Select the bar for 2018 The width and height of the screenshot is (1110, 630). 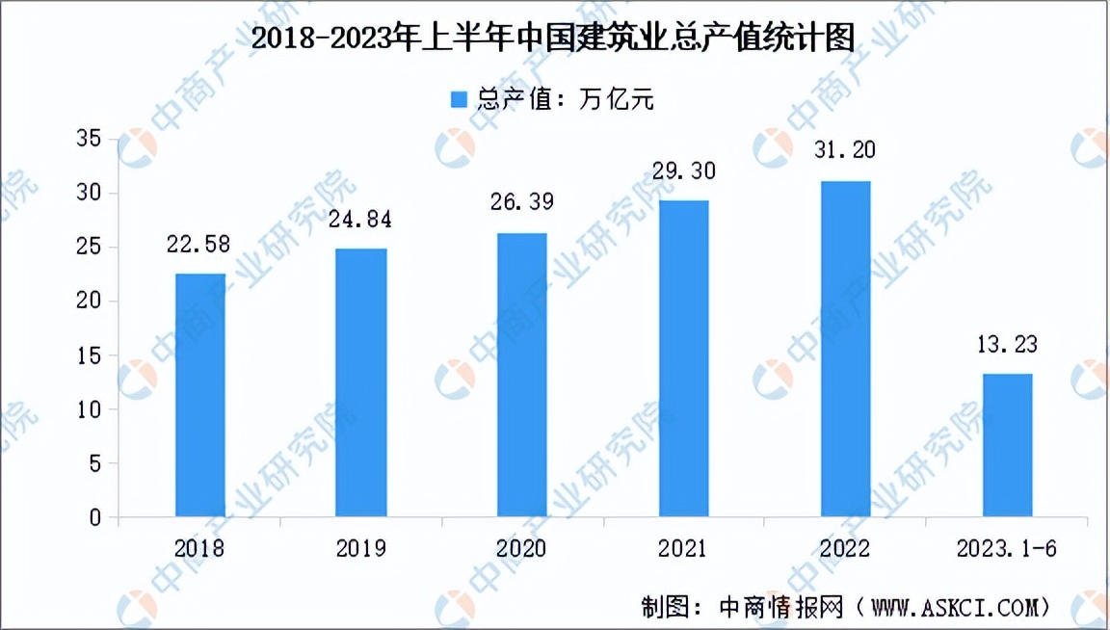[x=200, y=395]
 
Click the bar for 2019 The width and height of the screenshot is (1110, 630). [x=361, y=382]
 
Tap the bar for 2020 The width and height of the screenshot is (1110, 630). [x=522, y=375]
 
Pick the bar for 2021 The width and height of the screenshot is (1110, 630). [x=683, y=358]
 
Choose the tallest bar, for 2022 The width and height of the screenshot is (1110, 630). [x=845, y=349]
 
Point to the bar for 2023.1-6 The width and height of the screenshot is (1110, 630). [x=1007, y=445]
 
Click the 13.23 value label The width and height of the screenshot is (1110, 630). [x=1007, y=344]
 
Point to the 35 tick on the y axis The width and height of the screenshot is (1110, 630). [x=89, y=140]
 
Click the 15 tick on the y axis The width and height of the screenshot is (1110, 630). [x=89, y=355]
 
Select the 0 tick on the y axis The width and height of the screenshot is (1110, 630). [x=94, y=518]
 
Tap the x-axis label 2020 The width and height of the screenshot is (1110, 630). [x=522, y=548]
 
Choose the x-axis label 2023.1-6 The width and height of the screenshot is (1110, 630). [x=1007, y=548]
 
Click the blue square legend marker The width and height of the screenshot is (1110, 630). [x=459, y=99]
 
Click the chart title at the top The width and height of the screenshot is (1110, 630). [x=554, y=39]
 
